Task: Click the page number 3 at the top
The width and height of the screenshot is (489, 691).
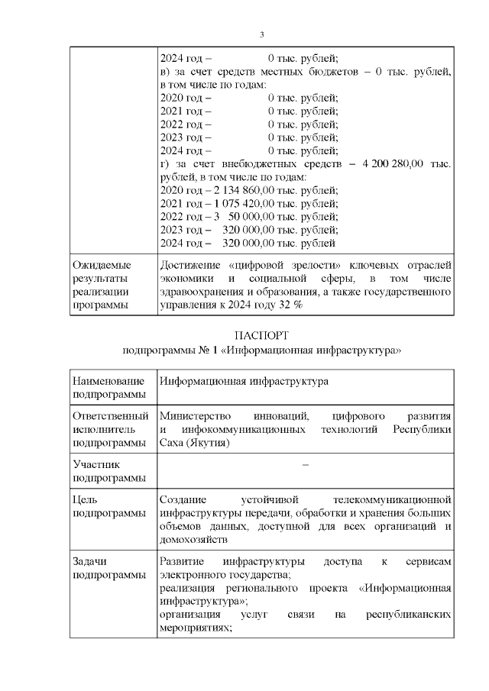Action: (x=261, y=34)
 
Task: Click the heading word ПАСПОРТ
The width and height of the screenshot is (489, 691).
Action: (x=261, y=335)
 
